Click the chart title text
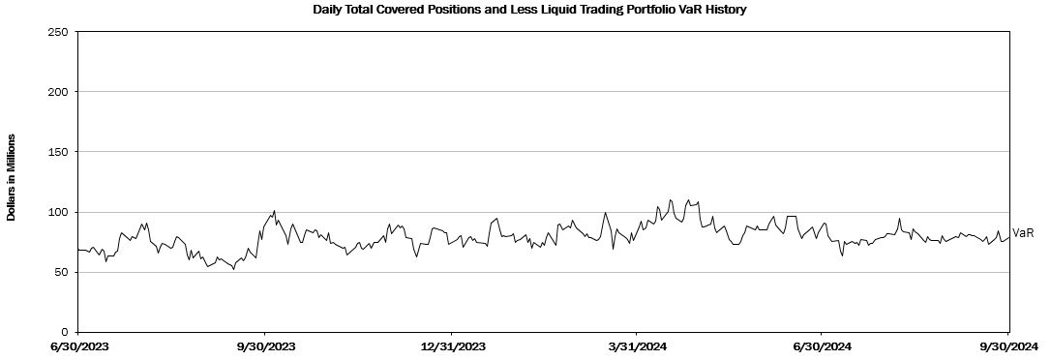click(x=529, y=10)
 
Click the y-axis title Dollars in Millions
click(x=12, y=176)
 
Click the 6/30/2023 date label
click(x=78, y=346)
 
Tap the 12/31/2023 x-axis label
click(x=451, y=346)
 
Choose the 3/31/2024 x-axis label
click(x=636, y=346)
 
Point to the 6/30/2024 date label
click(x=822, y=346)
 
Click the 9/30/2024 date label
click(x=1007, y=346)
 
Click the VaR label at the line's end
click(x=1024, y=233)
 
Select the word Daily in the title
click(x=328, y=10)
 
